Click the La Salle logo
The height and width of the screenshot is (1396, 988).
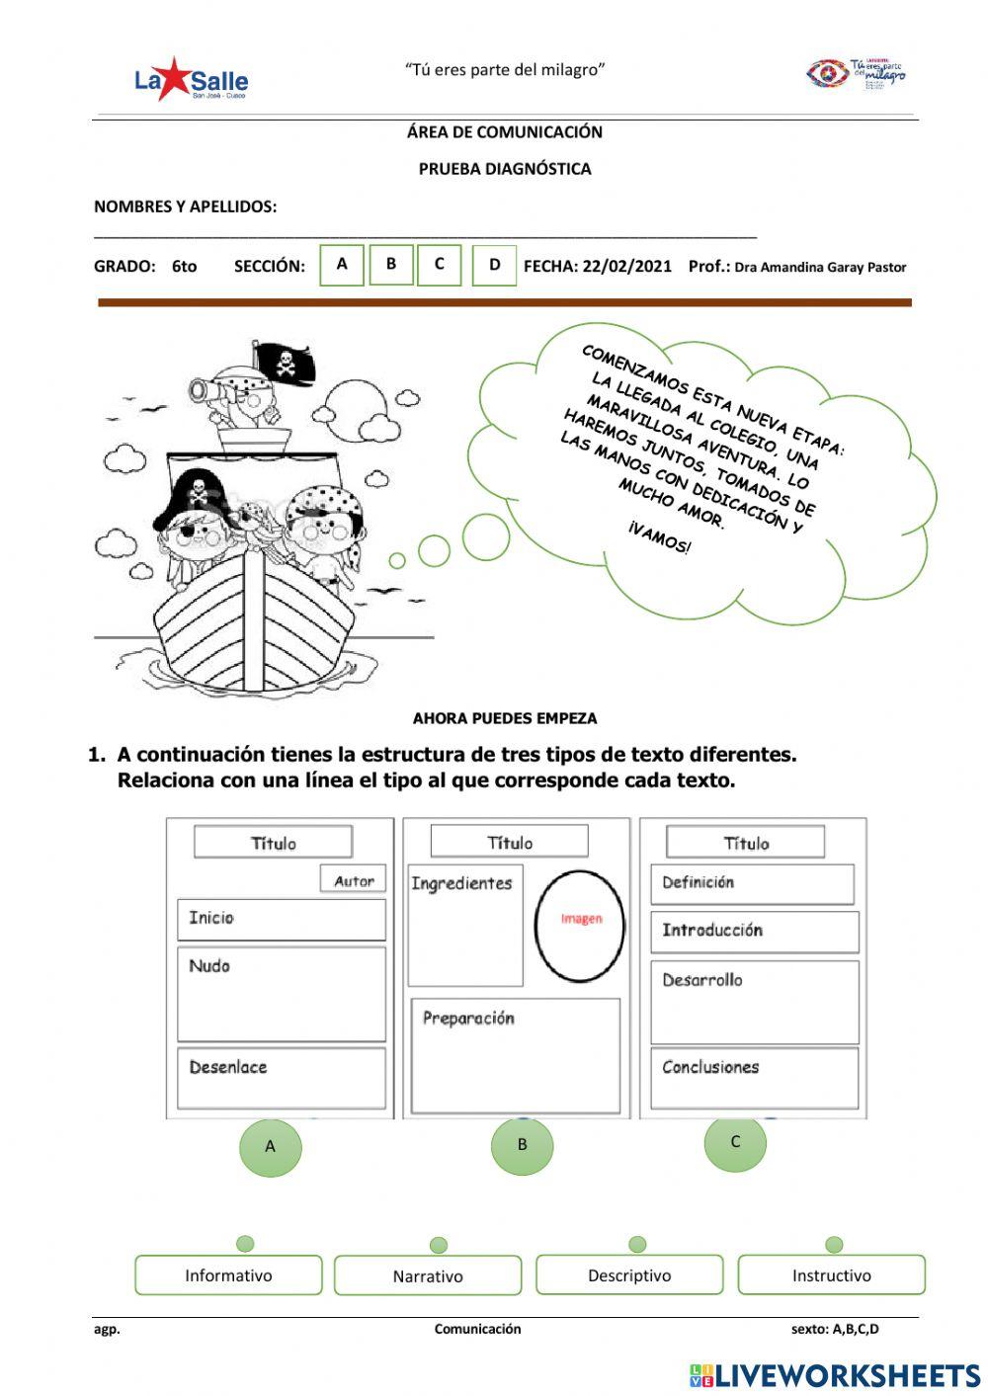pos(191,79)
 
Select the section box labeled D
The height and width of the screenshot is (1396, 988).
pos(494,266)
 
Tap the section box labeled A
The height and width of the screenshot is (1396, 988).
pos(342,265)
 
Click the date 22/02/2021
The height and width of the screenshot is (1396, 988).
pos(626,266)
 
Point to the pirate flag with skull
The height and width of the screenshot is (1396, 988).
pos(285,364)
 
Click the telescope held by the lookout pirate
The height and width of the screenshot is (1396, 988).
pos(209,390)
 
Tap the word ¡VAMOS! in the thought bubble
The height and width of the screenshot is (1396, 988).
pos(659,538)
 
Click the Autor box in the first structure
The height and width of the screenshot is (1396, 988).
pos(353,880)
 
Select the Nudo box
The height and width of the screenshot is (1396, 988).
pos(281,993)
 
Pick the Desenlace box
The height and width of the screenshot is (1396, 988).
pos(281,1078)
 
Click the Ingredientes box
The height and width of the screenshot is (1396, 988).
pos(464,925)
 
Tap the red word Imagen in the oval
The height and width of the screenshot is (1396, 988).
pos(581,919)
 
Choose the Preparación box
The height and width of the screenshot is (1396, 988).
pos(515,1055)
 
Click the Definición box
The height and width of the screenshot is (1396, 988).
pos(751,883)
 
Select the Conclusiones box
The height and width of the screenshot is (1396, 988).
pos(753,1078)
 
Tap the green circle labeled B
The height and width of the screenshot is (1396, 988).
pos(522,1144)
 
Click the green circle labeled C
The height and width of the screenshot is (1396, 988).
pos(735,1142)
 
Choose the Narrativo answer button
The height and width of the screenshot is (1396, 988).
pos(428,1275)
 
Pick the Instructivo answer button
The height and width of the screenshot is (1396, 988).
pos(831,1274)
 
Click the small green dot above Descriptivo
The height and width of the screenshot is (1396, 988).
pos(637,1244)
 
